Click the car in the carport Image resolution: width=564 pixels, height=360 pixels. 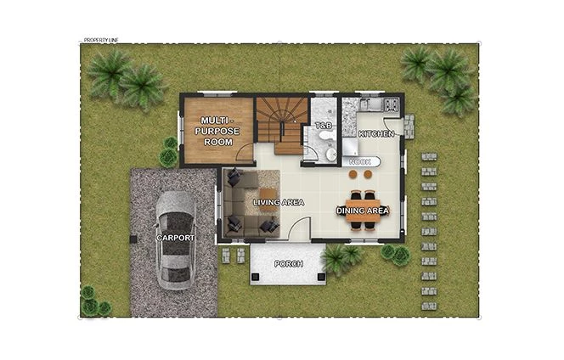pyautogui.click(x=175, y=239)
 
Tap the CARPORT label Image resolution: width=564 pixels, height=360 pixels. pyautogui.click(x=175, y=238)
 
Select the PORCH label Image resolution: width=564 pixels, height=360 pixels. pyautogui.click(x=287, y=263)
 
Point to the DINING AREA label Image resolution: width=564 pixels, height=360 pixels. pyautogui.click(x=363, y=211)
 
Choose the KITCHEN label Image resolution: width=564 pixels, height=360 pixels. pyautogui.click(x=375, y=134)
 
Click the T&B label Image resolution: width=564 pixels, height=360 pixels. pyautogui.click(x=323, y=126)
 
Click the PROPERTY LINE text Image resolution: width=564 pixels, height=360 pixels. pyautogui.click(x=103, y=40)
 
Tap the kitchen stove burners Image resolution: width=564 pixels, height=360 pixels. pyautogui.click(x=392, y=105)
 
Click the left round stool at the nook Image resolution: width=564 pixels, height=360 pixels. pyautogui.click(x=353, y=173)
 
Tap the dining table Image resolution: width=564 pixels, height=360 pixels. pyautogui.click(x=363, y=210)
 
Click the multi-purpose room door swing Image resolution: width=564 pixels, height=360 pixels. pyautogui.click(x=245, y=155)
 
